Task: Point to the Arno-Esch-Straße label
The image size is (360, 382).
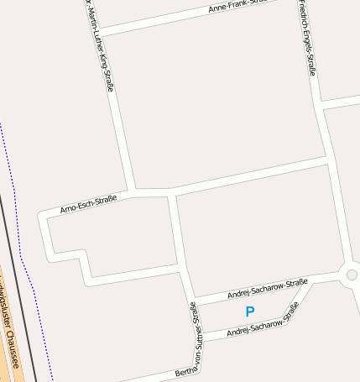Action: pos(88,203)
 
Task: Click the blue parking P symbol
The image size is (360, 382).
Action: pos(249,311)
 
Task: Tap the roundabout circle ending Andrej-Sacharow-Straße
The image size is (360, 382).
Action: pos(352,275)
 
